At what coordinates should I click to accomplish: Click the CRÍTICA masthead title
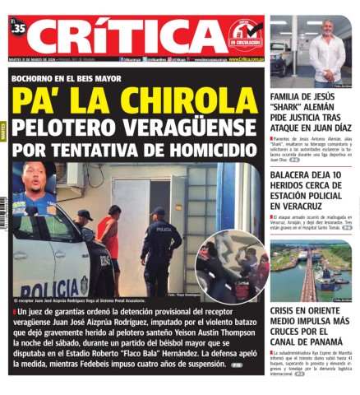coord(123,36)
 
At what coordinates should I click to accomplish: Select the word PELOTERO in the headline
coord(71,129)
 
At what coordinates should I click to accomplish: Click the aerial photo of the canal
coord(310,271)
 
